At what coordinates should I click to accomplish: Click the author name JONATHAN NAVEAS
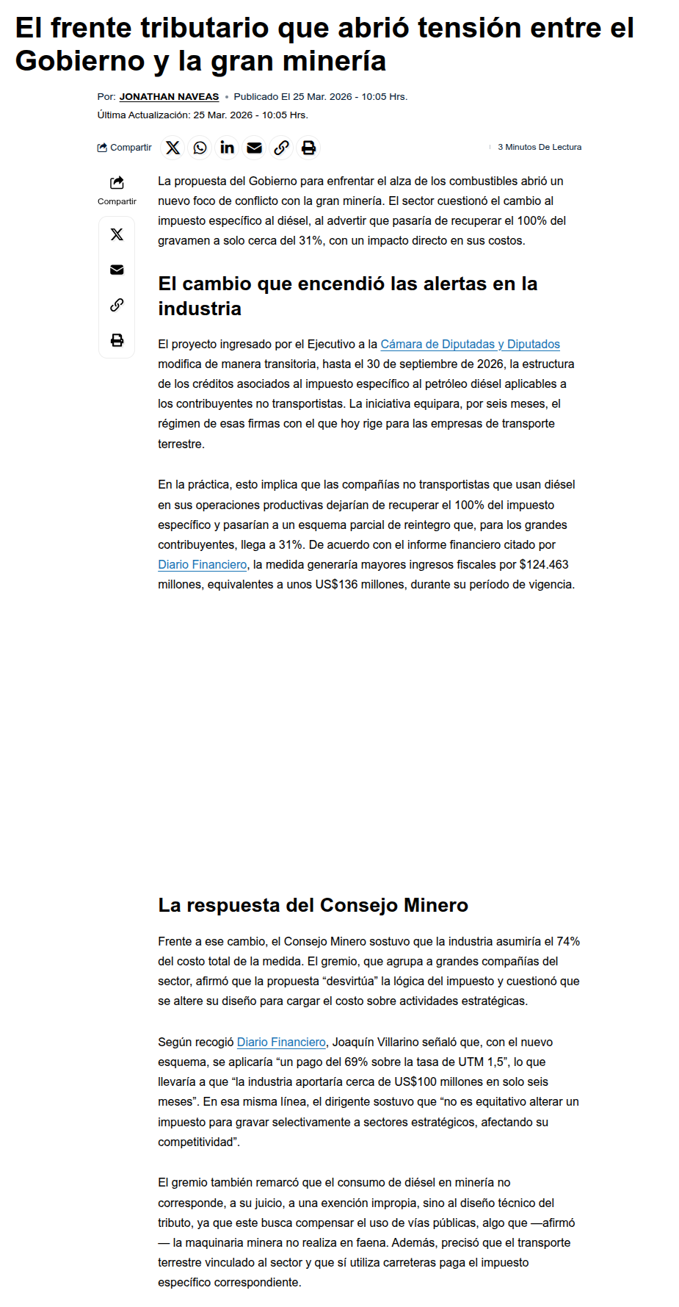(169, 97)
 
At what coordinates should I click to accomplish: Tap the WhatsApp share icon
(200, 148)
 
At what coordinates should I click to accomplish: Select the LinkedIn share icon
(227, 148)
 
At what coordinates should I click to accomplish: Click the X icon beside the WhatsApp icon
(173, 148)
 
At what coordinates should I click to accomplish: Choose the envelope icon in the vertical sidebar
(117, 270)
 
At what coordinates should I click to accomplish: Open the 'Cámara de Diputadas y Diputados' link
(470, 344)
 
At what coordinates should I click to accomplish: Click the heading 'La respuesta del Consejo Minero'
(313, 905)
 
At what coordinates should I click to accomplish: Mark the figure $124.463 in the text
(544, 564)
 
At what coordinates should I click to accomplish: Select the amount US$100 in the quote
(415, 1081)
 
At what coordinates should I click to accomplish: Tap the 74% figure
(568, 941)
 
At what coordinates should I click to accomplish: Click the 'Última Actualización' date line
(203, 115)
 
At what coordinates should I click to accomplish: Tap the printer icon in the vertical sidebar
(117, 340)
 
